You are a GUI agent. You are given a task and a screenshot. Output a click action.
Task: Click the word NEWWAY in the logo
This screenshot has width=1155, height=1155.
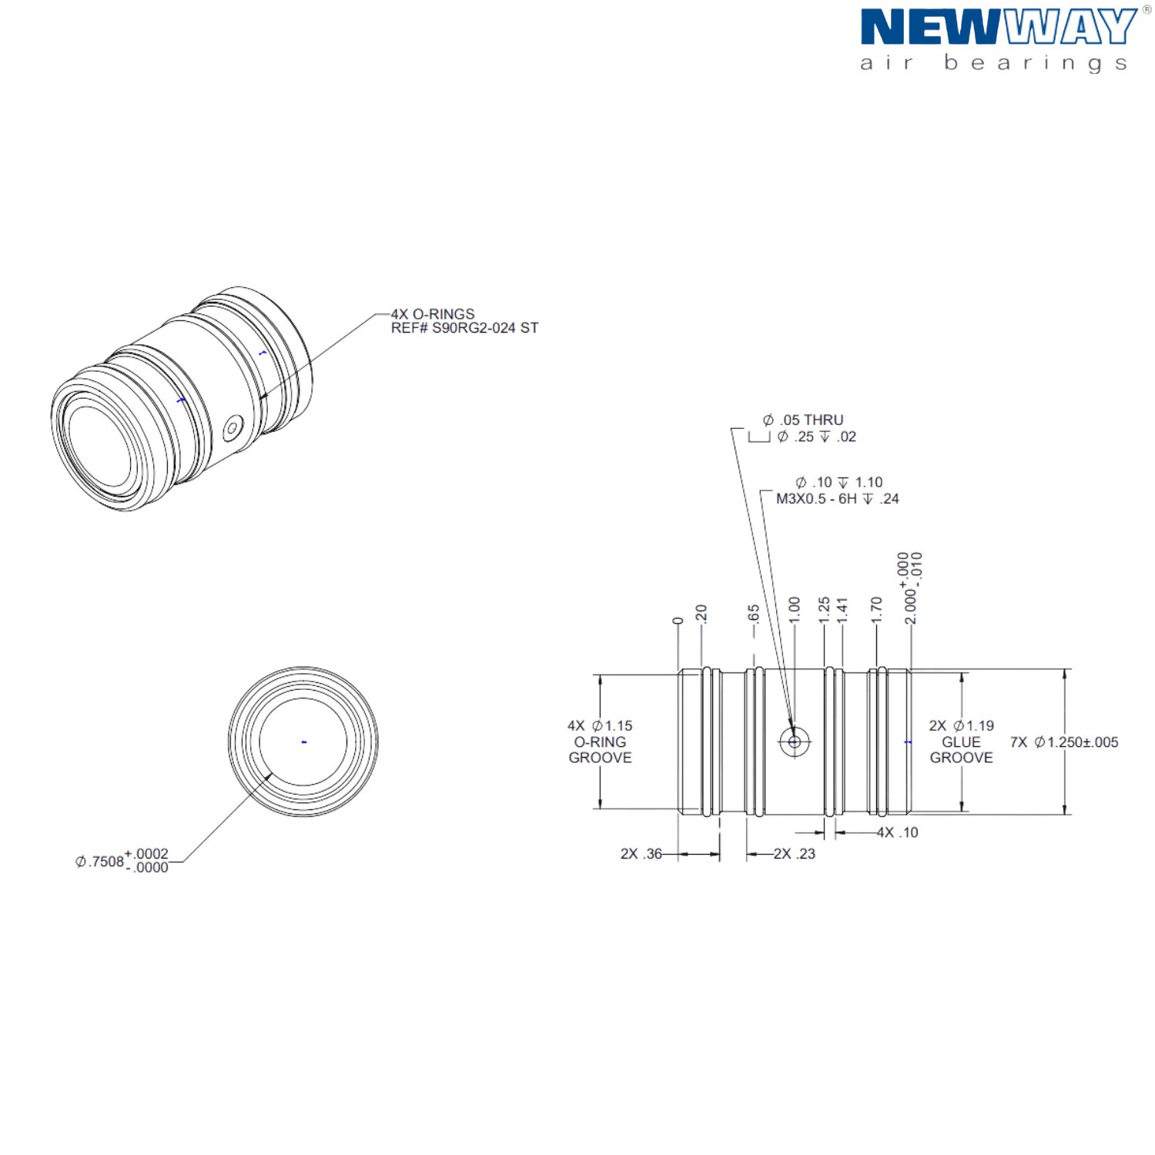997,27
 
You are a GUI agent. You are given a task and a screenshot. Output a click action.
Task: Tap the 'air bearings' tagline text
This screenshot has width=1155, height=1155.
993,63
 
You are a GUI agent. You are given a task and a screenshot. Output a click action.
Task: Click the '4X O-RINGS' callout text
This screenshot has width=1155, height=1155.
432,314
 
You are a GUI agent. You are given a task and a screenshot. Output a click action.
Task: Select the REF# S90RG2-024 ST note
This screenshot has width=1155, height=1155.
464,328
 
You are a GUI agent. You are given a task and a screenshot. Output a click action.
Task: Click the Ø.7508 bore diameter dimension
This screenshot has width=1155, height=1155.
123,861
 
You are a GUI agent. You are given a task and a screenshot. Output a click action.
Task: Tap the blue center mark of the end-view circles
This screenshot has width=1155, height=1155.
304,742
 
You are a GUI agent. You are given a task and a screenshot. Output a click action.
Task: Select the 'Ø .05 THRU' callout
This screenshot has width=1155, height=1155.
803,420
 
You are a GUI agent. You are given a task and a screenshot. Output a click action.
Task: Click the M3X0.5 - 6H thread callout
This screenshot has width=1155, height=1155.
837,499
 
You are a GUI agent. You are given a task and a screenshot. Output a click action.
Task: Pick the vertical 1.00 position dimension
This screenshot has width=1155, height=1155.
795,608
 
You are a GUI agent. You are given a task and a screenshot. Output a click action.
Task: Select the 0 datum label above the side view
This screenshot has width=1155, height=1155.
677,621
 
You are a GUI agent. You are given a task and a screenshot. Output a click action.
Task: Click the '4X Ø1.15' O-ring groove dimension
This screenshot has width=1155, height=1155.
600,725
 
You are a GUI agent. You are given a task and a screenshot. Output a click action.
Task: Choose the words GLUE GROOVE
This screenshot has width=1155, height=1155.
961,750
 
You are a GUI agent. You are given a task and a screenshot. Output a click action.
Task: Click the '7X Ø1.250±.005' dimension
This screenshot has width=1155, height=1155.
1063,742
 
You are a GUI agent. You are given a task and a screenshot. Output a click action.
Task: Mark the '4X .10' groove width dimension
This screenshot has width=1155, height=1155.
898,832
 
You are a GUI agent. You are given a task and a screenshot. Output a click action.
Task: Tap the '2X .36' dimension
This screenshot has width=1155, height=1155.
641,854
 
